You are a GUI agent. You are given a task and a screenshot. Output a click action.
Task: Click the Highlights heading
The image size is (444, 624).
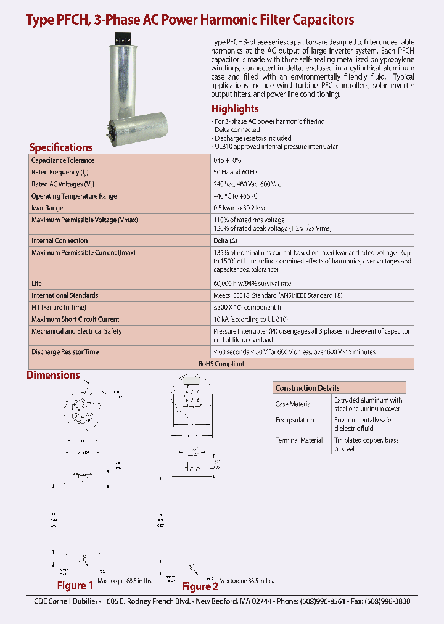pyautogui.click(x=235, y=109)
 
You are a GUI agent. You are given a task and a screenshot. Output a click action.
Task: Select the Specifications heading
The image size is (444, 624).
pyautogui.click(x=60, y=147)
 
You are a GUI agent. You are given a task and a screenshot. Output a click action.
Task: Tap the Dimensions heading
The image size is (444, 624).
pyautogui.click(x=53, y=375)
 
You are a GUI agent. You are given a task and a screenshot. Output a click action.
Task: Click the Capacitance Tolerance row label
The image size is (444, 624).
pyautogui.click(x=63, y=160)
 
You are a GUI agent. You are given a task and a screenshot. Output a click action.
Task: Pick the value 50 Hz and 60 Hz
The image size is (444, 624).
pyautogui.click(x=236, y=172)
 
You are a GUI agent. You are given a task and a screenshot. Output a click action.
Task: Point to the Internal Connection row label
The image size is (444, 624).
pyautogui.click(x=60, y=240)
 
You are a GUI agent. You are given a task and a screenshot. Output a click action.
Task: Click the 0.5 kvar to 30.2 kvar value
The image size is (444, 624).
pyautogui.click(x=240, y=208)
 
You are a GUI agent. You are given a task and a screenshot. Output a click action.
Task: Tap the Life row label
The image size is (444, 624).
pyautogui.click(x=36, y=284)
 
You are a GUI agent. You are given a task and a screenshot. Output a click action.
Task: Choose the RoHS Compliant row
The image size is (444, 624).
pyautogui.click(x=221, y=364)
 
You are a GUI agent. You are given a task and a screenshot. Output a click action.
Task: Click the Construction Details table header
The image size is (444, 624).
pyautogui.click(x=307, y=388)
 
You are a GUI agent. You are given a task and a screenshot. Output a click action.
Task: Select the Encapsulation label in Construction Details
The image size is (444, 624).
pyautogui.click(x=295, y=420)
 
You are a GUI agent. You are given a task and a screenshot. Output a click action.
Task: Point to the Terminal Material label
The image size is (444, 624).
pyautogui.click(x=299, y=440)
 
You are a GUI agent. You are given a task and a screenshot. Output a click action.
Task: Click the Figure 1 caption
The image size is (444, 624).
pyautogui.click(x=75, y=586)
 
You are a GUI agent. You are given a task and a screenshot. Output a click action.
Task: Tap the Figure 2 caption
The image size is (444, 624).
pyautogui.click(x=200, y=586)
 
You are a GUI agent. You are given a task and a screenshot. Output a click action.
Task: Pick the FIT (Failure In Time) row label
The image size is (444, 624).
pyautogui.click(x=59, y=307)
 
